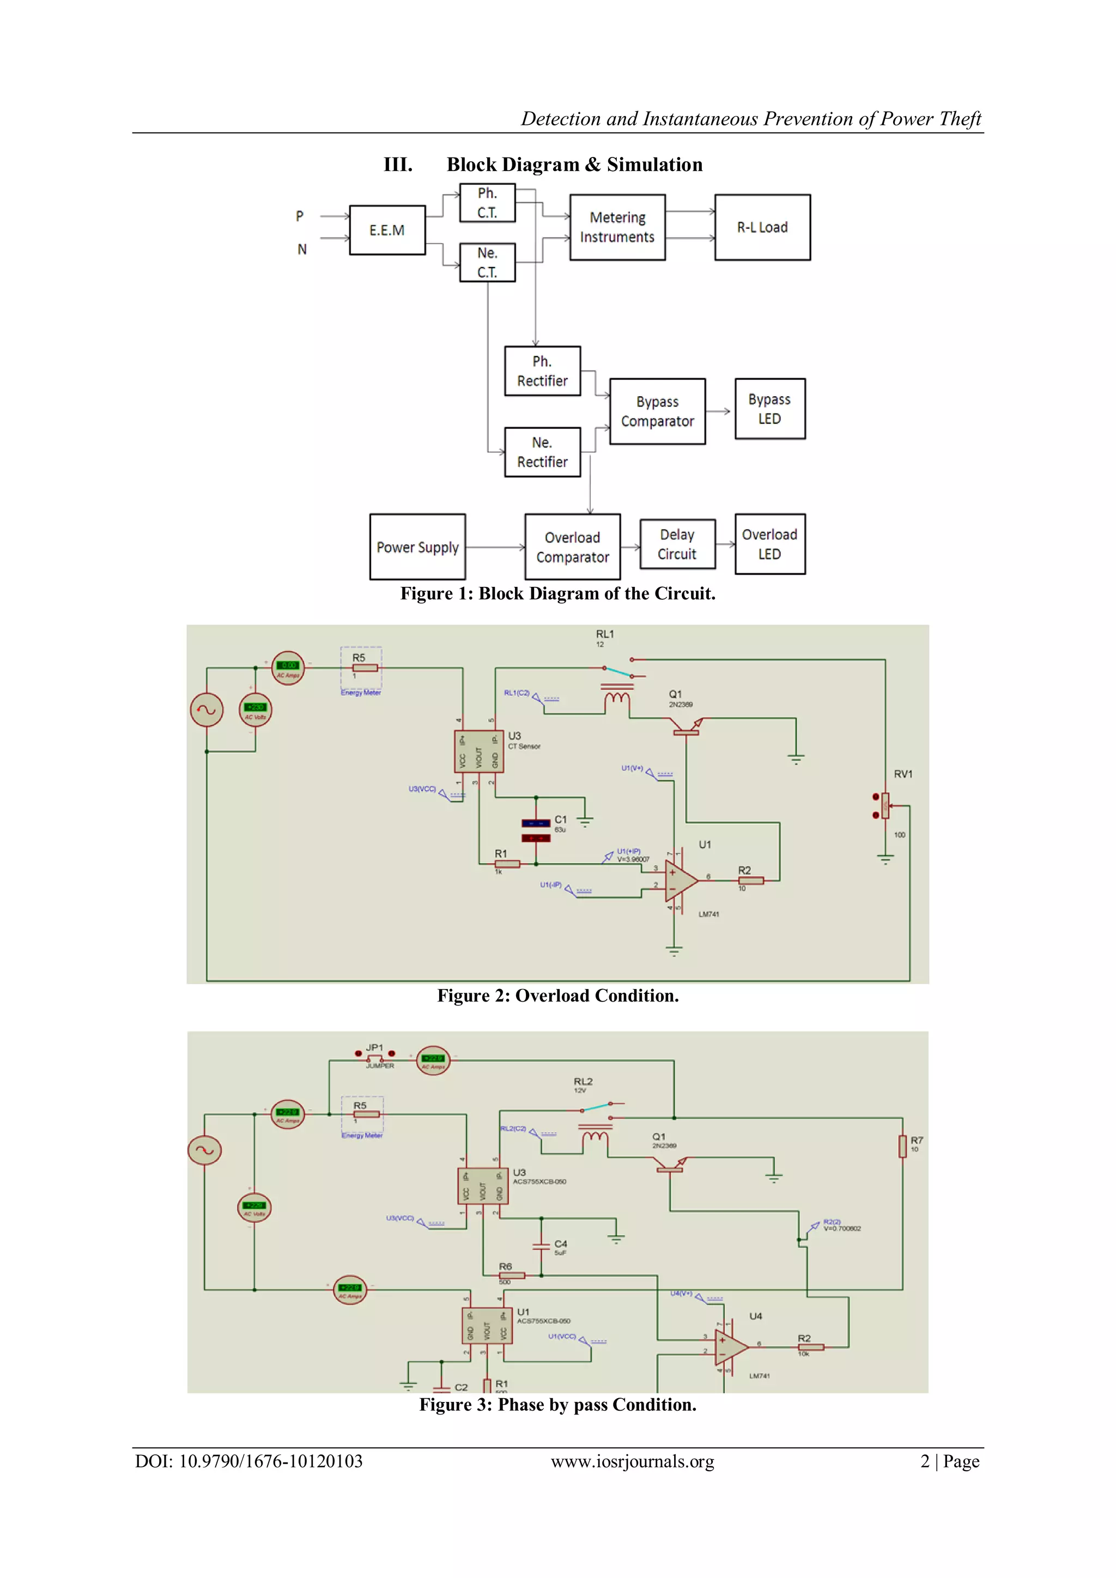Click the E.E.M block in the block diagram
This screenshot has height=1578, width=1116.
point(387,230)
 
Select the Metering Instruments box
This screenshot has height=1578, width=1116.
point(617,227)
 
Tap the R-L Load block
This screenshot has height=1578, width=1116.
point(762,227)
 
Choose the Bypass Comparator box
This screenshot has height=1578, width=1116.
point(657,411)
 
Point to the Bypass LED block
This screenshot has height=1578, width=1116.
point(769,409)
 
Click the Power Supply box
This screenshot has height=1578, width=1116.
point(417,547)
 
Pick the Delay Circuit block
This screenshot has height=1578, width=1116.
point(677,544)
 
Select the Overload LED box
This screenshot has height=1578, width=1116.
point(769,544)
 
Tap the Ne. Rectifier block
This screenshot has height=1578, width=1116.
point(542,452)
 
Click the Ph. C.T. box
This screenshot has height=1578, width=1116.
point(487,203)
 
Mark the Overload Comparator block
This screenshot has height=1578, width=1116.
point(572,547)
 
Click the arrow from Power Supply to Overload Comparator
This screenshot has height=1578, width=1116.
point(495,547)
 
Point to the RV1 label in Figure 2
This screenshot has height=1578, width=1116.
point(903,774)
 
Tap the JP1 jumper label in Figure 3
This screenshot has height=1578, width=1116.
point(374,1047)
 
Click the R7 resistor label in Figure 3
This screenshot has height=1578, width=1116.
point(917,1140)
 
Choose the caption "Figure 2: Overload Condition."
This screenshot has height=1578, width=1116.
point(558,996)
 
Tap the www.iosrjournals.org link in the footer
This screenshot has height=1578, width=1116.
point(632,1461)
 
